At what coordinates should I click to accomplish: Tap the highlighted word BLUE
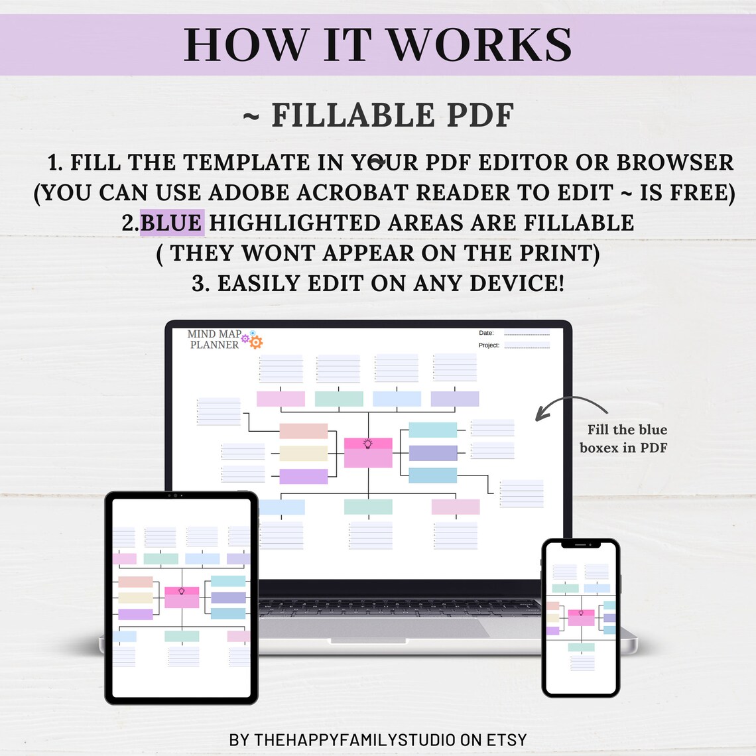(x=172, y=223)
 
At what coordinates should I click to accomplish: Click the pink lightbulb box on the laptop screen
(x=368, y=452)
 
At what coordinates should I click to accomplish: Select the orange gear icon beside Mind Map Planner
(x=256, y=342)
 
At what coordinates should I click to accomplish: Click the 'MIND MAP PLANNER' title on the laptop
(x=214, y=339)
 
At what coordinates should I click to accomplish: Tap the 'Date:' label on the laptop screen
(x=486, y=333)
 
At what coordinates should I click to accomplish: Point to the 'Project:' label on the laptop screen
(x=489, y=345)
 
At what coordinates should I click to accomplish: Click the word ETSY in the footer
(x=506, y=739)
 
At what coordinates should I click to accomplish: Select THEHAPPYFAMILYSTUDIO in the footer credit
(x=355, y=739)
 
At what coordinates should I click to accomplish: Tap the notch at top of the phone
(x=580, y=544)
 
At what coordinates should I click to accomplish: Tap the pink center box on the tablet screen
(x=182, y=597)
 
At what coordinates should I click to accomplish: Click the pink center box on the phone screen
(x=581, y=617)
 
